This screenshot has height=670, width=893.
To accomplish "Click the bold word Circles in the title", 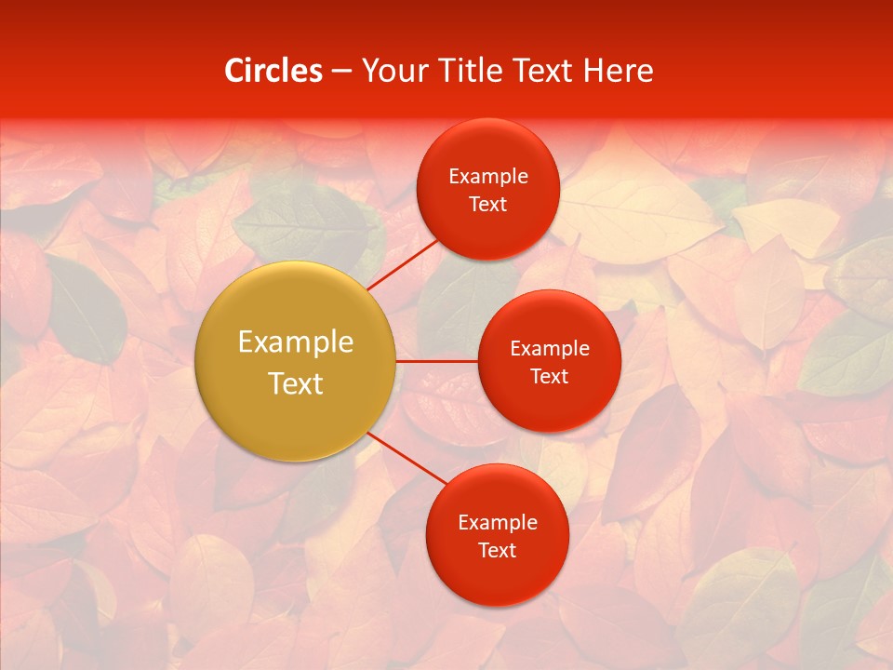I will click(x=273, y=71).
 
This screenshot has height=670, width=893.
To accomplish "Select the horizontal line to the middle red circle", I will click(x=436, y=361).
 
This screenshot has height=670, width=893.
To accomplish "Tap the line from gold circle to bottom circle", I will click(x=407, y=460).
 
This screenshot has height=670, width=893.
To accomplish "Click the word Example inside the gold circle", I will click(x=296, y=342).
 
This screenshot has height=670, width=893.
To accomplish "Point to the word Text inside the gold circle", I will click(x=296, y=383).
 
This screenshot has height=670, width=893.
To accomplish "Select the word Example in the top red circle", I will click(x=488, y=177).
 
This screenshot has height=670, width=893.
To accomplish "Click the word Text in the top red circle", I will click(x=488, y=205).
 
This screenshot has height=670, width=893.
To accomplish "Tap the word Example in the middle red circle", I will click(x=550, y=349).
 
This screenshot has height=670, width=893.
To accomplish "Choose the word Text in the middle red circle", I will click(x=550, y=377).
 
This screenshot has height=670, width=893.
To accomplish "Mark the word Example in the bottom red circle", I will click(x=498, y=523).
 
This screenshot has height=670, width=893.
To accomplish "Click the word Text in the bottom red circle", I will click(x=498, y=551).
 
